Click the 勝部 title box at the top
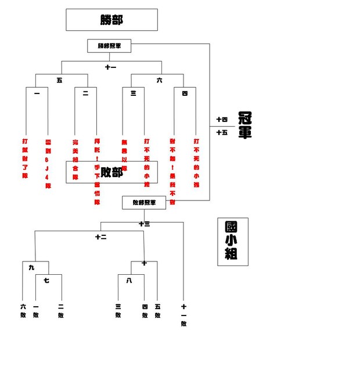coord(111,20)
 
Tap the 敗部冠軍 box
coord(144,203)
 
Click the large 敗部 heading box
coord(111,172)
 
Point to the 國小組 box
coord(232,242)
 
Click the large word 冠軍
coord(244,125)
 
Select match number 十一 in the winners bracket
coord(110,67)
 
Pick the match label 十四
coord(222,120)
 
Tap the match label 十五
coord(222,132)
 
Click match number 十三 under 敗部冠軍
coord(144,224)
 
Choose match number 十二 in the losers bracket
coord(101,236)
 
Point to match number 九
coord(32,268)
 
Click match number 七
coord(46,281)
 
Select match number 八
coord(129,281)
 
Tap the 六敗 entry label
coord(23,311)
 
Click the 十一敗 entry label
coord(183,315)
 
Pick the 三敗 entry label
coord(118,311)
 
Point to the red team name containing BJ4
coord(48,163)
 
